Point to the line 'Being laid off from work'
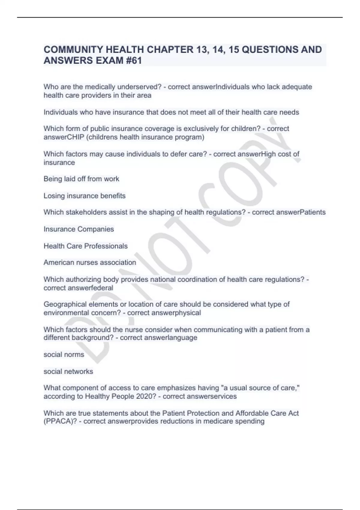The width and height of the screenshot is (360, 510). (x=81, y=179)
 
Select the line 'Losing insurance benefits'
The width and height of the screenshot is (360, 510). (x=85, y=196)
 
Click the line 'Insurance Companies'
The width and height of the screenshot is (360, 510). (x=79, y=229)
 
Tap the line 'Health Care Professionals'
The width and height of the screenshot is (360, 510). (x=85, y=246)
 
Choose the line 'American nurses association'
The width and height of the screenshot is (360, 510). (x=90, y=262)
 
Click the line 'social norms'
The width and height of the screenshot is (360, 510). (x=64, y=355)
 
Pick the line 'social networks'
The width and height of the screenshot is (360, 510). (x=68, y=371)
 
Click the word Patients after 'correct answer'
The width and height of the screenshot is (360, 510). (x=313, y=212)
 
